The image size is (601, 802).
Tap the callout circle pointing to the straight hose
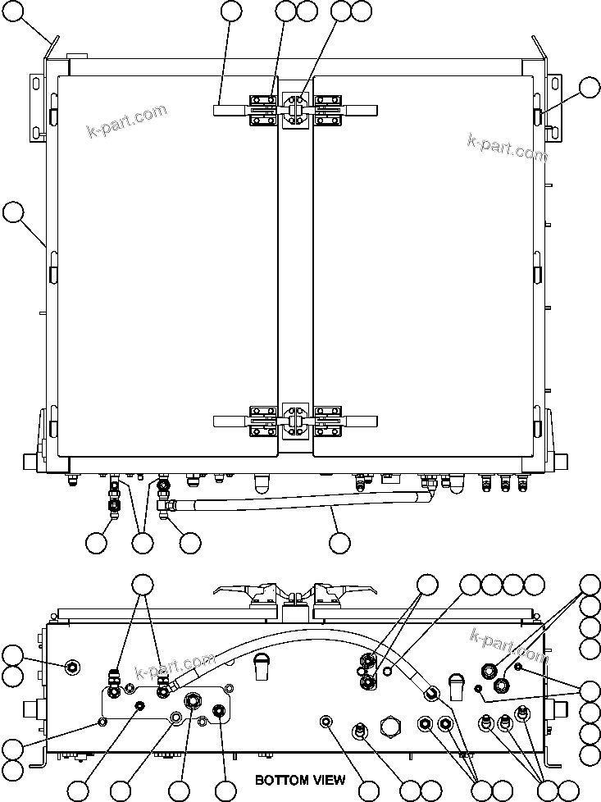coord(339,542)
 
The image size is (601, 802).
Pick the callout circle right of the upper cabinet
coord(590,88)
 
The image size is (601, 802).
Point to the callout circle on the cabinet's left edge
coord(12,212)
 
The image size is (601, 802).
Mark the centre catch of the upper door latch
coord(294,110)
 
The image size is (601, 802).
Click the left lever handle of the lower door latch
coord(231,422)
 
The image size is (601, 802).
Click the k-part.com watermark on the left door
coord(127,121)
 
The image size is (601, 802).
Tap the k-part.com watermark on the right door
coord(506,148)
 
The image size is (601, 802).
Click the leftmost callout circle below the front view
coord(97,542)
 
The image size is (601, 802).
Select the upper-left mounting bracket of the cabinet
coord(38,107)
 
